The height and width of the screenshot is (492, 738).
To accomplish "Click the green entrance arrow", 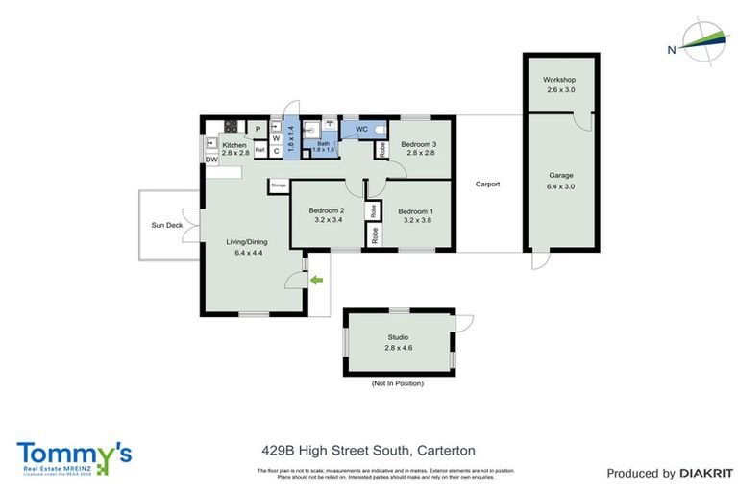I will point(317,280).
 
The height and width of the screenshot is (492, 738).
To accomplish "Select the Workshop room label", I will point(558,79).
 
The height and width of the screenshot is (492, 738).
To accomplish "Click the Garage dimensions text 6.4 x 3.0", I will point(561,186).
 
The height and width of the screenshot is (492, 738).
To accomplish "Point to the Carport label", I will point(487,184).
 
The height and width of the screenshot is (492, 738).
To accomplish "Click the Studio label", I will point(398,337).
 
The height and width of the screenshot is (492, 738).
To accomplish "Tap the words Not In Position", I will point(397,383).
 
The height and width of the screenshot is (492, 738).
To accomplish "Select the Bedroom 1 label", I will point(415,211).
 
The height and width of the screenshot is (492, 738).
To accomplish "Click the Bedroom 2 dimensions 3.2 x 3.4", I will point(325,220).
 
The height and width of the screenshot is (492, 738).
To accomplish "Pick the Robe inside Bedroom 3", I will point(382,150).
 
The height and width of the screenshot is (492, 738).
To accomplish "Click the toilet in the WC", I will point(380,129).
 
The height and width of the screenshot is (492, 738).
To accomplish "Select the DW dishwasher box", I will point(210,160).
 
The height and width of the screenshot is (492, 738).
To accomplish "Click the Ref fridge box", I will point(259,150).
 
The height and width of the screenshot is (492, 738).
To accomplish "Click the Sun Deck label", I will point(166,225).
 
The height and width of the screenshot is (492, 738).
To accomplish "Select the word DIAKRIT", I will point(706,473).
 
